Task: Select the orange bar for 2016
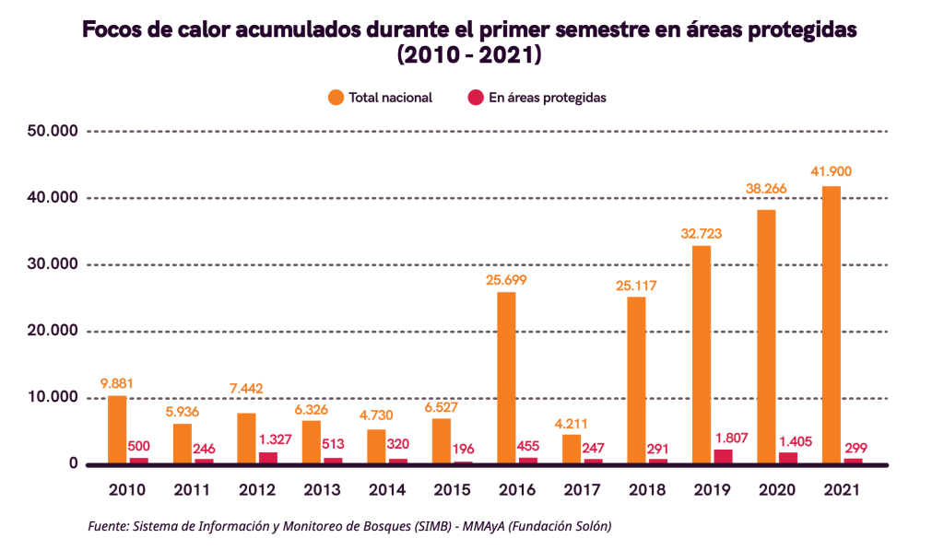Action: pos(506,378)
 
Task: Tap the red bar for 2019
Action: pos(723,457)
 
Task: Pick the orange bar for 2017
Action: pos(571,449)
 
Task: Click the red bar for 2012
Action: pos(268,458)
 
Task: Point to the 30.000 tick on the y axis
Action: pos(52,265)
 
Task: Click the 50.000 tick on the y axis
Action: pos(52,132)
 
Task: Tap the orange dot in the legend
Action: pos(335,97)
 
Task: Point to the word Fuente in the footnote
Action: pos(108,526)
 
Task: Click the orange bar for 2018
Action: pos(636,380)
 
